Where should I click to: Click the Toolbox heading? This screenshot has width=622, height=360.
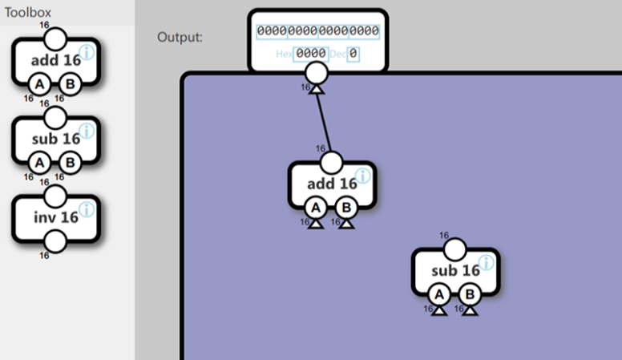29,13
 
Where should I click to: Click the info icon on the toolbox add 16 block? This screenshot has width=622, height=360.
86,52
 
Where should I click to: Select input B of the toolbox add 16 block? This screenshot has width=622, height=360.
70,83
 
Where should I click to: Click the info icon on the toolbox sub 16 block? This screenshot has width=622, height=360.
86,131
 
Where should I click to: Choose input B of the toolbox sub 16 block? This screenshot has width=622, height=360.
70,163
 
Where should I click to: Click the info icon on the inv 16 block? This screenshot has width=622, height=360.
86,209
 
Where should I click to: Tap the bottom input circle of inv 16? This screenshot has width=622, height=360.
55,241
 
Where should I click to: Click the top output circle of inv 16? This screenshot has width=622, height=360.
55,196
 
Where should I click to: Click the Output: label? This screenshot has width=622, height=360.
180,38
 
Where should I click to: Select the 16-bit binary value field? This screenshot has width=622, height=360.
318,31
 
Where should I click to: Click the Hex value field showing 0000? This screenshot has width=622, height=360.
310,54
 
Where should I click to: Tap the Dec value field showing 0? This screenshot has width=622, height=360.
353,54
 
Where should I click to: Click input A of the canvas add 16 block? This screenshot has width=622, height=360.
316,208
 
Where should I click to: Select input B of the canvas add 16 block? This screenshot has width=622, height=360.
346,208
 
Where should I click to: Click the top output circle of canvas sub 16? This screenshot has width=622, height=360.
454,249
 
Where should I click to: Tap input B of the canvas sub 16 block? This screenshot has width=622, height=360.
470,295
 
